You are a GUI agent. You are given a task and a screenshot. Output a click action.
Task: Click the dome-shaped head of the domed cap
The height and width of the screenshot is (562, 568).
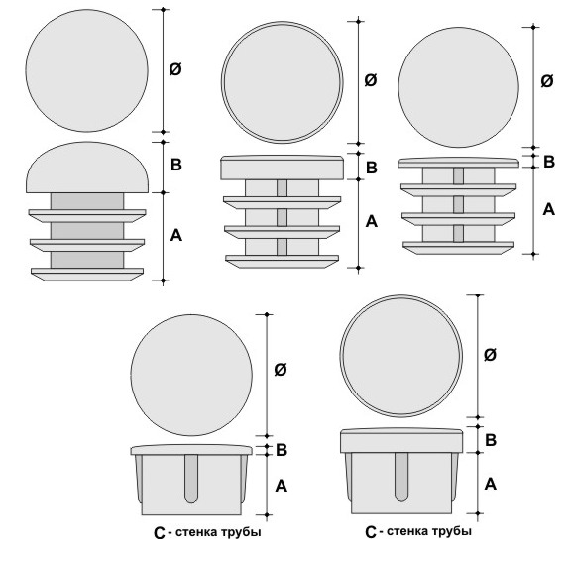click(x=87, y=168)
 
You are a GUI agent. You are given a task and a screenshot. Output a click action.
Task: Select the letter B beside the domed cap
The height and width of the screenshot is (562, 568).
click(x=176, y=165)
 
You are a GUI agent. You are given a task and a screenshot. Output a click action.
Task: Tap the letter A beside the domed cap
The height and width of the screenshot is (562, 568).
click(x=176, y=235)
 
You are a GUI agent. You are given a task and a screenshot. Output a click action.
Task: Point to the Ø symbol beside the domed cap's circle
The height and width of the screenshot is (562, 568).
click(x=175, y=68)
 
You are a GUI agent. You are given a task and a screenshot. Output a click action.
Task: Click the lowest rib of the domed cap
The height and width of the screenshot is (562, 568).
click(x=87, y=275)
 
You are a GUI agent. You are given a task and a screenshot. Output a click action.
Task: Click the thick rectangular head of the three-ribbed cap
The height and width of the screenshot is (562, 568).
click(x=283, y=168)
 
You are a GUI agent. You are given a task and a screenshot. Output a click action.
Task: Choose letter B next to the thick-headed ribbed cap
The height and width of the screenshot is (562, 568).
click(x=372, y=168)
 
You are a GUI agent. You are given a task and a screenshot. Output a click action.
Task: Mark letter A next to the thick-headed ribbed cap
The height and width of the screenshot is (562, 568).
click(x=372, y=221)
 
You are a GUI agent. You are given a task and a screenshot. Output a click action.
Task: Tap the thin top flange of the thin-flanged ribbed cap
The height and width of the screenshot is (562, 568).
click(x=458, y=163)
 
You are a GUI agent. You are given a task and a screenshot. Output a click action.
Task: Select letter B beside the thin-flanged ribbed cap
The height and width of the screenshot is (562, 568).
click(x=549, y=162)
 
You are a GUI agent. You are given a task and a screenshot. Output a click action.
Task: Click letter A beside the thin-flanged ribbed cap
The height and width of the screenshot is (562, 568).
click(x=549, y=209)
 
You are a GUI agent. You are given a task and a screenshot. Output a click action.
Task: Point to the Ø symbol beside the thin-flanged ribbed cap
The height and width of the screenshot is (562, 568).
click(x=547, y=80)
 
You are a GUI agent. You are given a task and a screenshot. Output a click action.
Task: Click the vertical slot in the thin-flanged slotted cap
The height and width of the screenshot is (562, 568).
click(x=191, y=479)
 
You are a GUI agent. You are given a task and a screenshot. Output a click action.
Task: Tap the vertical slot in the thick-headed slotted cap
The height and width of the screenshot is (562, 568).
click(x=401, y=477)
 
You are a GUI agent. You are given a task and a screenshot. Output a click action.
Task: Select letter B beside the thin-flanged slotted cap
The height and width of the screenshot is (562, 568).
click(x=282, y=450)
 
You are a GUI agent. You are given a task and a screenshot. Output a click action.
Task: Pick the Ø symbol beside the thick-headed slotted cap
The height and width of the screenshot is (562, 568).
click(x=490, y=355)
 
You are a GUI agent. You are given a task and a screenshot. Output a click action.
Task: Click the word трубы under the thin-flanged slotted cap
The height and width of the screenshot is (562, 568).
click(x=242, y=532)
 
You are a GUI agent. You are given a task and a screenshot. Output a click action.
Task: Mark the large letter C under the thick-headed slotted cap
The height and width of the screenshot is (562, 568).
click(x=371, y=532)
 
